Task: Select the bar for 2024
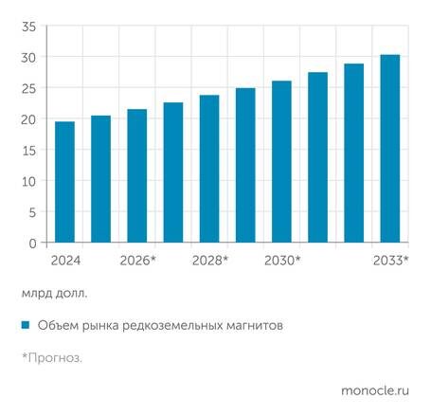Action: click(64, 182)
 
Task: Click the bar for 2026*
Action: click(137, 176)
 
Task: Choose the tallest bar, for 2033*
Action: click(390, 149)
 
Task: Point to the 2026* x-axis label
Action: click(138, 260)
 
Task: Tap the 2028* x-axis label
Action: click(210, 260)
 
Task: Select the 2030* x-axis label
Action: click(282, 260)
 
